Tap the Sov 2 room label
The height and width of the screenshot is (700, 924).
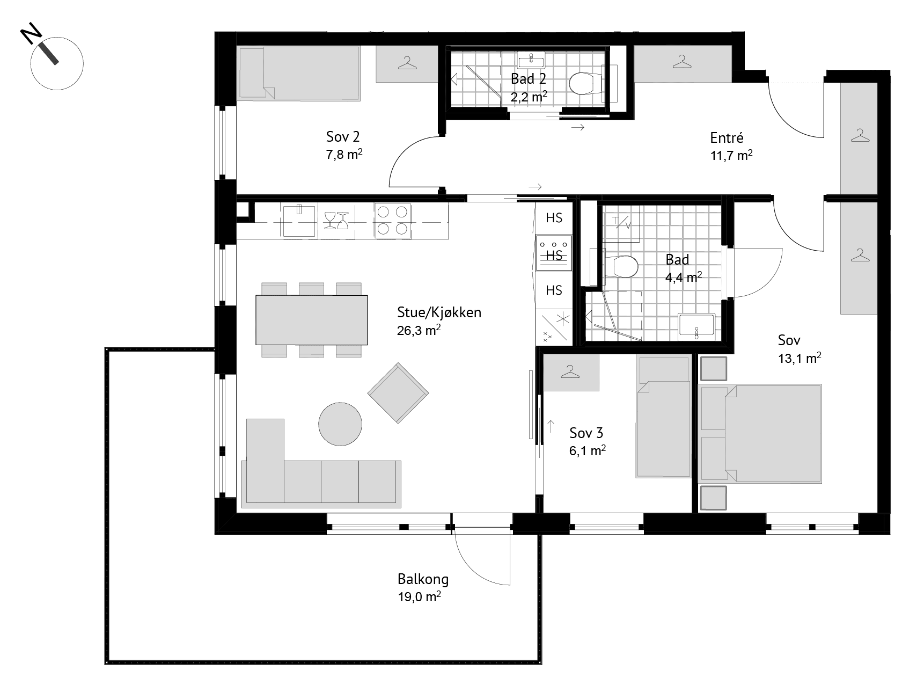click(x=342, y=136)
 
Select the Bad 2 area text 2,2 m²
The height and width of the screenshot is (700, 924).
click(x=529, y=97)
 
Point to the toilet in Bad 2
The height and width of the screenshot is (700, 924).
click(x=585, y=83)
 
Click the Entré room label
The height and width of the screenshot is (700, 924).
click(x=727, y=138)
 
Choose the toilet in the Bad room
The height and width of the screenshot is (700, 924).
click(x=622, y=266)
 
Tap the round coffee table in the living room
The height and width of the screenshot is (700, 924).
click(x=340, y=424)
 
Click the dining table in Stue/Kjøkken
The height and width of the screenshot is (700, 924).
click(x=312, y=320)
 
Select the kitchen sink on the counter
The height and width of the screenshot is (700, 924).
click(x=299, y=220)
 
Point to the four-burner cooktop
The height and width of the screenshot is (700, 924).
click(x=392, y=220)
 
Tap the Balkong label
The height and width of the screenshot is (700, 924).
click(x=423, y=579)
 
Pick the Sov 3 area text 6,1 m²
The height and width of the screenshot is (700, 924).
click(x=588, y=450)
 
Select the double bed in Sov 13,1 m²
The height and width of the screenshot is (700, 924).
click(x=761, y=433)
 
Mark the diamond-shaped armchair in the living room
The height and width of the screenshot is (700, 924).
click(x=398, y=393)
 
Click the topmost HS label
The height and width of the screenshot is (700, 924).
click(x=554, y=217)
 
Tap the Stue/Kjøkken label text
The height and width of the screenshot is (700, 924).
click(x=439, y=312)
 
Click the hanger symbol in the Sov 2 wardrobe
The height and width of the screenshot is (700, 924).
click(x=408, y=64)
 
